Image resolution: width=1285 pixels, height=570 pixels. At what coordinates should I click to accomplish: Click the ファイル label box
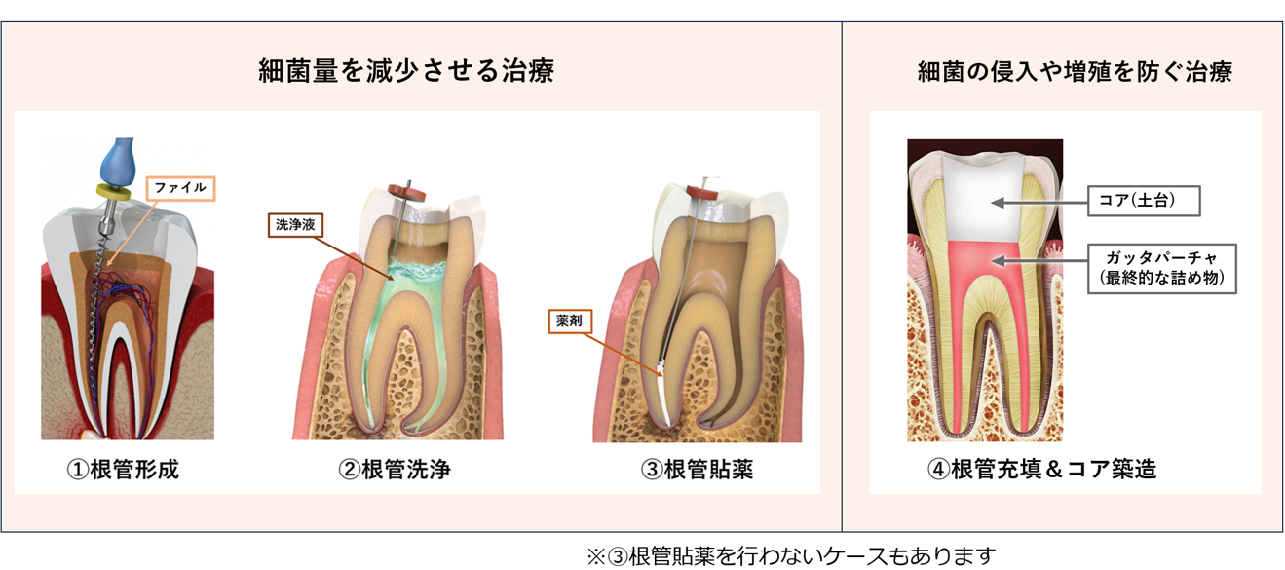point(180,188)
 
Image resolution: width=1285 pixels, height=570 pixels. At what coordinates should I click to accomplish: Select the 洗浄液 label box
point(295,224)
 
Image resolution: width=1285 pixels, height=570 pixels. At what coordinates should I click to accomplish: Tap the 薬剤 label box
point(570,321)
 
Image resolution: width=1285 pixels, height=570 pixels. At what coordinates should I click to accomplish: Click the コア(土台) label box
point(1144,201)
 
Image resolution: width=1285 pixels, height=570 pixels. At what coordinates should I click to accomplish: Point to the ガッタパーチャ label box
point(1161,269)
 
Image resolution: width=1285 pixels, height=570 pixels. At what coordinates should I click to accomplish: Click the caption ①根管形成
point(123,470)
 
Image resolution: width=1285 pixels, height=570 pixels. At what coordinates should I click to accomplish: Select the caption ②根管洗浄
point(395,470)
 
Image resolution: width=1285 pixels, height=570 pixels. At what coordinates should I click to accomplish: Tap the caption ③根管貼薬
point(697,470)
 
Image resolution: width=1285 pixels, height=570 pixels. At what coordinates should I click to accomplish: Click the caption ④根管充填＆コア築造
point(1041,470)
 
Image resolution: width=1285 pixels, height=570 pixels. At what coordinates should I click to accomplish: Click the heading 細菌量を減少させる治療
point(406,71)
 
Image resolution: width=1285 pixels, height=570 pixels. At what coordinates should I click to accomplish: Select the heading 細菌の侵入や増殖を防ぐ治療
point(1075,72)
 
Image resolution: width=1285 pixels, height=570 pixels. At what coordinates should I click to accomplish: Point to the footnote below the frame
point(790,555)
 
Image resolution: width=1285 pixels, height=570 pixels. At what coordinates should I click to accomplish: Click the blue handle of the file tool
point(119,161)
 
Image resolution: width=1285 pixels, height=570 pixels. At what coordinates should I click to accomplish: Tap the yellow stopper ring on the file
point(113,192)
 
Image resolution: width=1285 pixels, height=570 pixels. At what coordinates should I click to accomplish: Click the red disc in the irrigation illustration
point(406,192)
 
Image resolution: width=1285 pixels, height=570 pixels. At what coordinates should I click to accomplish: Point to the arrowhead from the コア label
point(998,203)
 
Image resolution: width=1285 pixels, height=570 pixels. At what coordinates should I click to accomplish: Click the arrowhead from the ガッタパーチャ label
point(999,261)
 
